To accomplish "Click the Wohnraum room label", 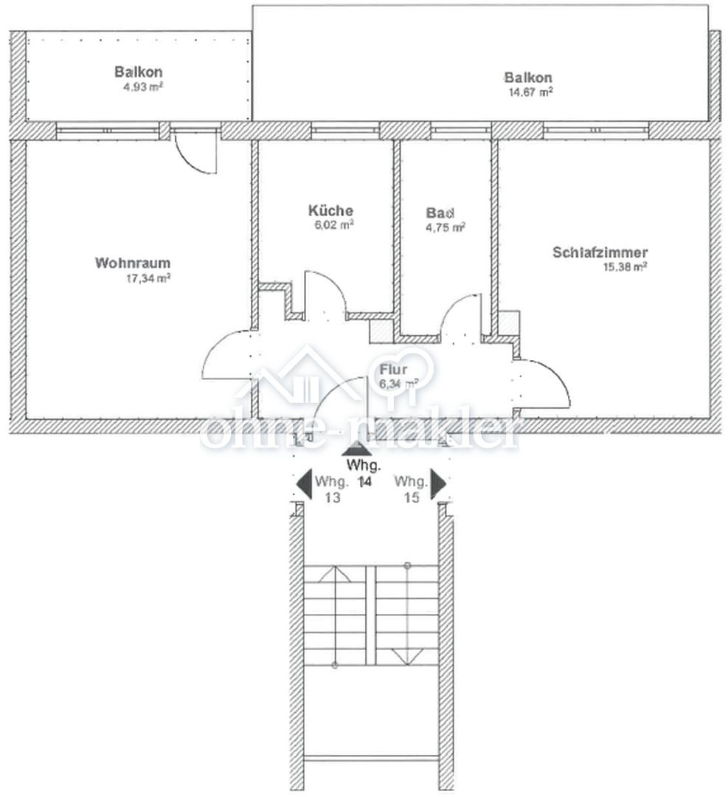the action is coord(133,263).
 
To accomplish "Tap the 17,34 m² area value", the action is coord(148,278).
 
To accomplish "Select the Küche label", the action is coord(330,210).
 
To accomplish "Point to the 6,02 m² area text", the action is coord(334,224).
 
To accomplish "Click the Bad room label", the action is coord(440,213).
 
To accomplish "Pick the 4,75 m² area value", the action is coord(446,227).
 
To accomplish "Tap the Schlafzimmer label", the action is coord(600,252).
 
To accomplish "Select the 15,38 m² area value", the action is coord(625,267).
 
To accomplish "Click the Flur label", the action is coord(394,370).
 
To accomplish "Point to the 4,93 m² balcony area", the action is coord(143,86).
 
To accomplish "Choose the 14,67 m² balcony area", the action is coord(531,92).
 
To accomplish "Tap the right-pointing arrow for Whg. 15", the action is coord(438,483).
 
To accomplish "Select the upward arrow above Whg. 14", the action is coord(357,449).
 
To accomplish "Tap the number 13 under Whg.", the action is coord(332,497).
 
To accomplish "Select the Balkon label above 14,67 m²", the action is coord(528,77).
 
